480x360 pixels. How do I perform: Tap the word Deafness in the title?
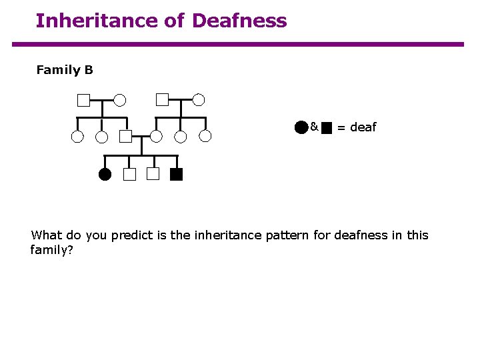[x=239, y=21]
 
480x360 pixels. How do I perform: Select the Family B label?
[x=65, y=70]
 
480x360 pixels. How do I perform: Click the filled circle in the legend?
[x=301, y=127]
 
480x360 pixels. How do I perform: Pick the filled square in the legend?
[x=327, y=128]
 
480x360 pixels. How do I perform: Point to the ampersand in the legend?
[x=314, y=126]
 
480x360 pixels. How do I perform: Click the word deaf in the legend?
[x=363, y=127]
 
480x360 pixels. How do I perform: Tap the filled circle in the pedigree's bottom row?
[x=105, y=175]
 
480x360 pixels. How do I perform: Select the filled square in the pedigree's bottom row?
[x=176, y=175]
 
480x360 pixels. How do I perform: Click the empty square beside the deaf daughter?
[x=129, y=175]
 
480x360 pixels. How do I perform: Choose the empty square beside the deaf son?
[x=153, y=175]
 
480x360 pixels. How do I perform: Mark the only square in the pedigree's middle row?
[x=126, y=137]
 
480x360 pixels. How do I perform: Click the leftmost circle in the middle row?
[x=78, y=137]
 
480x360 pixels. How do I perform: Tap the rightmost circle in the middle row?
[x=205, y=137]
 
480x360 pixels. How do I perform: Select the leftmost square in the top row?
[x=83, y=101]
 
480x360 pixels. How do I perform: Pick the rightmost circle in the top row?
[x=199, y=100]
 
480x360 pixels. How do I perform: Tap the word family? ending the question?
[x=50, y=250]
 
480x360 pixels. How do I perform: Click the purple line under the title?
[x=237, y=45]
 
